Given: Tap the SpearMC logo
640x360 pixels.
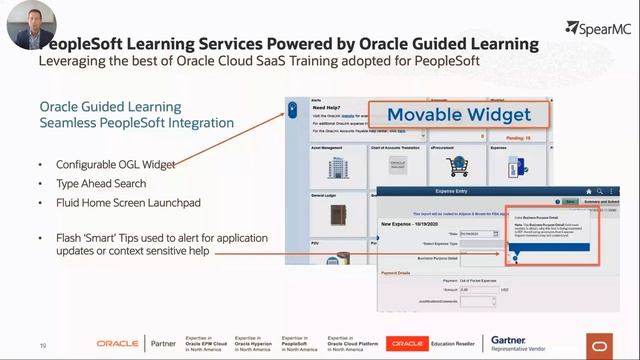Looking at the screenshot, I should [599, 28].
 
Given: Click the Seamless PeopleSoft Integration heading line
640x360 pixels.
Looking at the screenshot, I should [136, 123].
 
